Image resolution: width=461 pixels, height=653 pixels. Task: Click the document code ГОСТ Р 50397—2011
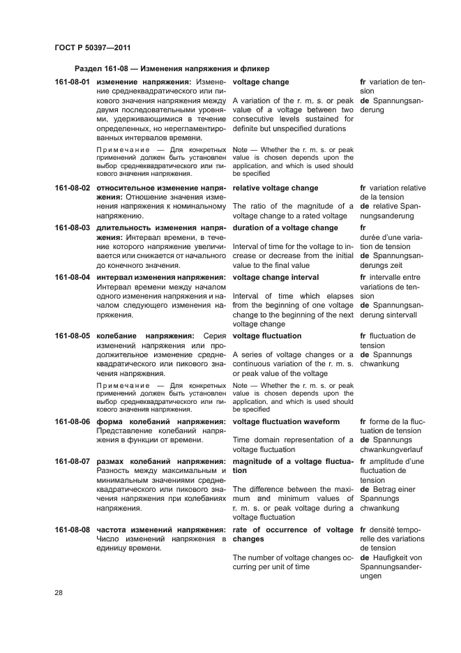coord(92,47)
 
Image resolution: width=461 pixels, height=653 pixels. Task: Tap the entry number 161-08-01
coord(72,82)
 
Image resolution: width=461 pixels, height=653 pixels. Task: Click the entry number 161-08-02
coord(72,188)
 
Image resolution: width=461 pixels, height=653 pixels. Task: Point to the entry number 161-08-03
coord(72,228)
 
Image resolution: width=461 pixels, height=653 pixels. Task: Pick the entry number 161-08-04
coord(72,277)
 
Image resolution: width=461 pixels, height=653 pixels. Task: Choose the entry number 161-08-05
coord(72,336)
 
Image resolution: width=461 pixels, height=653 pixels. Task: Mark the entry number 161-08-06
coord(72,422)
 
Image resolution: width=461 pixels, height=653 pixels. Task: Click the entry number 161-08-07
coord(72,461)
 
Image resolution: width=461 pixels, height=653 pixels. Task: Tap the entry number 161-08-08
coord(72,530)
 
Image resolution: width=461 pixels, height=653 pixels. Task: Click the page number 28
coord(59,593)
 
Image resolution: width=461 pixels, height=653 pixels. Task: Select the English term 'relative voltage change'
coord(275,188)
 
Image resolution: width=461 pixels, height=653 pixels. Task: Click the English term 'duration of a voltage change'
coord(285,228)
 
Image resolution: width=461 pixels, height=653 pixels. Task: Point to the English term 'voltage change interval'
coord(275,277)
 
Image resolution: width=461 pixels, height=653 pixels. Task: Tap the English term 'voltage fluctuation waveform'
coord(286,422)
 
